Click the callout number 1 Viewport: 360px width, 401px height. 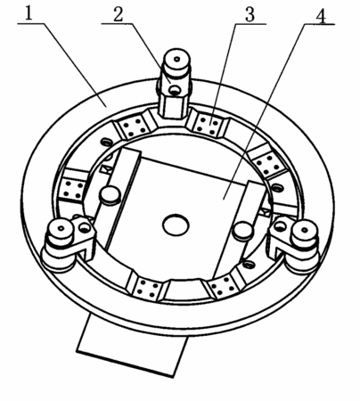click(29, 13)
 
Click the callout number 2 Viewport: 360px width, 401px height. click(118, 14)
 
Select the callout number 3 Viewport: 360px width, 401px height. click(250, 14)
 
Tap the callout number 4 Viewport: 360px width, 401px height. click(320, 14)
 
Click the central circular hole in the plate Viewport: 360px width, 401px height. click(176, 225)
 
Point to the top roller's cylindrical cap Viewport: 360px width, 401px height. click(177, 61)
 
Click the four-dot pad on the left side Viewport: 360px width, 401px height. click(73, 189)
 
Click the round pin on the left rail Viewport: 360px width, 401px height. click(110, 194)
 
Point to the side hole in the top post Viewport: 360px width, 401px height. click(175, 90)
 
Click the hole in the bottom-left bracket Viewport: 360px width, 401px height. click(85, 228)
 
